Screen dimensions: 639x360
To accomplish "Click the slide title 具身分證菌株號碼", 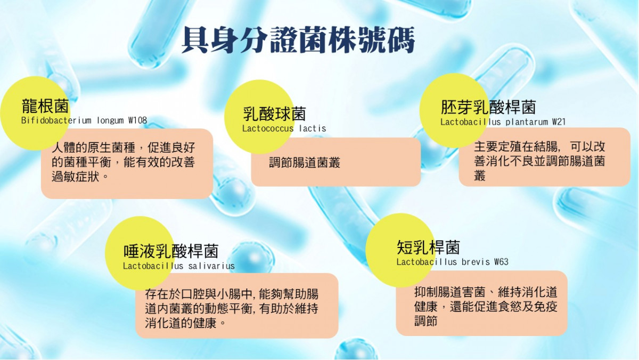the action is (x=298, y=39).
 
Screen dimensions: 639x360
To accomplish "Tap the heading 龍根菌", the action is (x=45, y=106).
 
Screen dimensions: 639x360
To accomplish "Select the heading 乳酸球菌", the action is (x=274, y=114).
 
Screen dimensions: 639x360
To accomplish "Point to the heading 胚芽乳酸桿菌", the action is (x=488, y=107).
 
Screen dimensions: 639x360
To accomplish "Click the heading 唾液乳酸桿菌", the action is (x=171, y=251).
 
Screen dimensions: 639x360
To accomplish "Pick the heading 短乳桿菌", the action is (x=428, y=247).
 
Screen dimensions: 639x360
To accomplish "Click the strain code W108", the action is (x=138, y=121).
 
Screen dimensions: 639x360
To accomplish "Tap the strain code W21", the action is (x=559, y=122).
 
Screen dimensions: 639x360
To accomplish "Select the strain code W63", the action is (x=501, y=262).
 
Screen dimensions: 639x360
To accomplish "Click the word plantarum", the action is (x=527, y=122).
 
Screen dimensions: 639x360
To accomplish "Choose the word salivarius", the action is (x=211, y=266).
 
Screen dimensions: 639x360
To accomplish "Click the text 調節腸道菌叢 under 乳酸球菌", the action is (x=305, y=163).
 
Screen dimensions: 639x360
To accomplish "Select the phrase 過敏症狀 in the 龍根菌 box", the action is (x=75, y=177).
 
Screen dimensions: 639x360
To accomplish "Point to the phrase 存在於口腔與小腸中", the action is (x=198, y=294).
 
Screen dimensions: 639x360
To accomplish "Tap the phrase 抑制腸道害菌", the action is (x=450, y=292).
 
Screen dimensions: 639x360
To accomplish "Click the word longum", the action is (x=110, y=121).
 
